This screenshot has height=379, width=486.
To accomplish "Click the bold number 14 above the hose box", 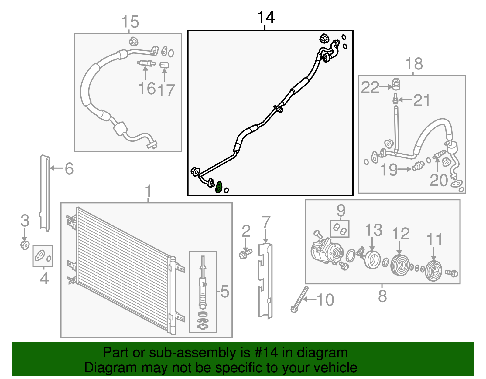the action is (266, 17).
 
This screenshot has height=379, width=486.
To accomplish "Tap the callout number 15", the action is (130, 22).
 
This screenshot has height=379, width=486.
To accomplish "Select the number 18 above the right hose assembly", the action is (414, 64).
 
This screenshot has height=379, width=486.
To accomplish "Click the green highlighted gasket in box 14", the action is (218, 187).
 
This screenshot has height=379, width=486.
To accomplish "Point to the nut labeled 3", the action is (25, 245).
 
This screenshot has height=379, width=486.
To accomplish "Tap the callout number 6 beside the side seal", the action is (69, 169).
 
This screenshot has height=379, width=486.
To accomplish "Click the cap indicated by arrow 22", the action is (396, 84).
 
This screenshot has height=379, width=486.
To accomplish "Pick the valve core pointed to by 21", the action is (395, 99).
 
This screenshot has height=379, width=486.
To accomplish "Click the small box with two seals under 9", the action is (340, 229).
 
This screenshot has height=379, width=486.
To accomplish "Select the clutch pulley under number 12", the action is (400, 265).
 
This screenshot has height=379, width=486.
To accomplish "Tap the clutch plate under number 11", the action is (433, 271).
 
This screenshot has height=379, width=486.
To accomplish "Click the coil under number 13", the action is (372, 260).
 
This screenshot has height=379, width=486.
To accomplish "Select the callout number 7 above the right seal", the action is (266, 222).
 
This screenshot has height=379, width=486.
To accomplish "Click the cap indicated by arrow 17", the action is (164, 65).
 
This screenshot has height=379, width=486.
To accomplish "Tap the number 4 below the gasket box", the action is (44, 279).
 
